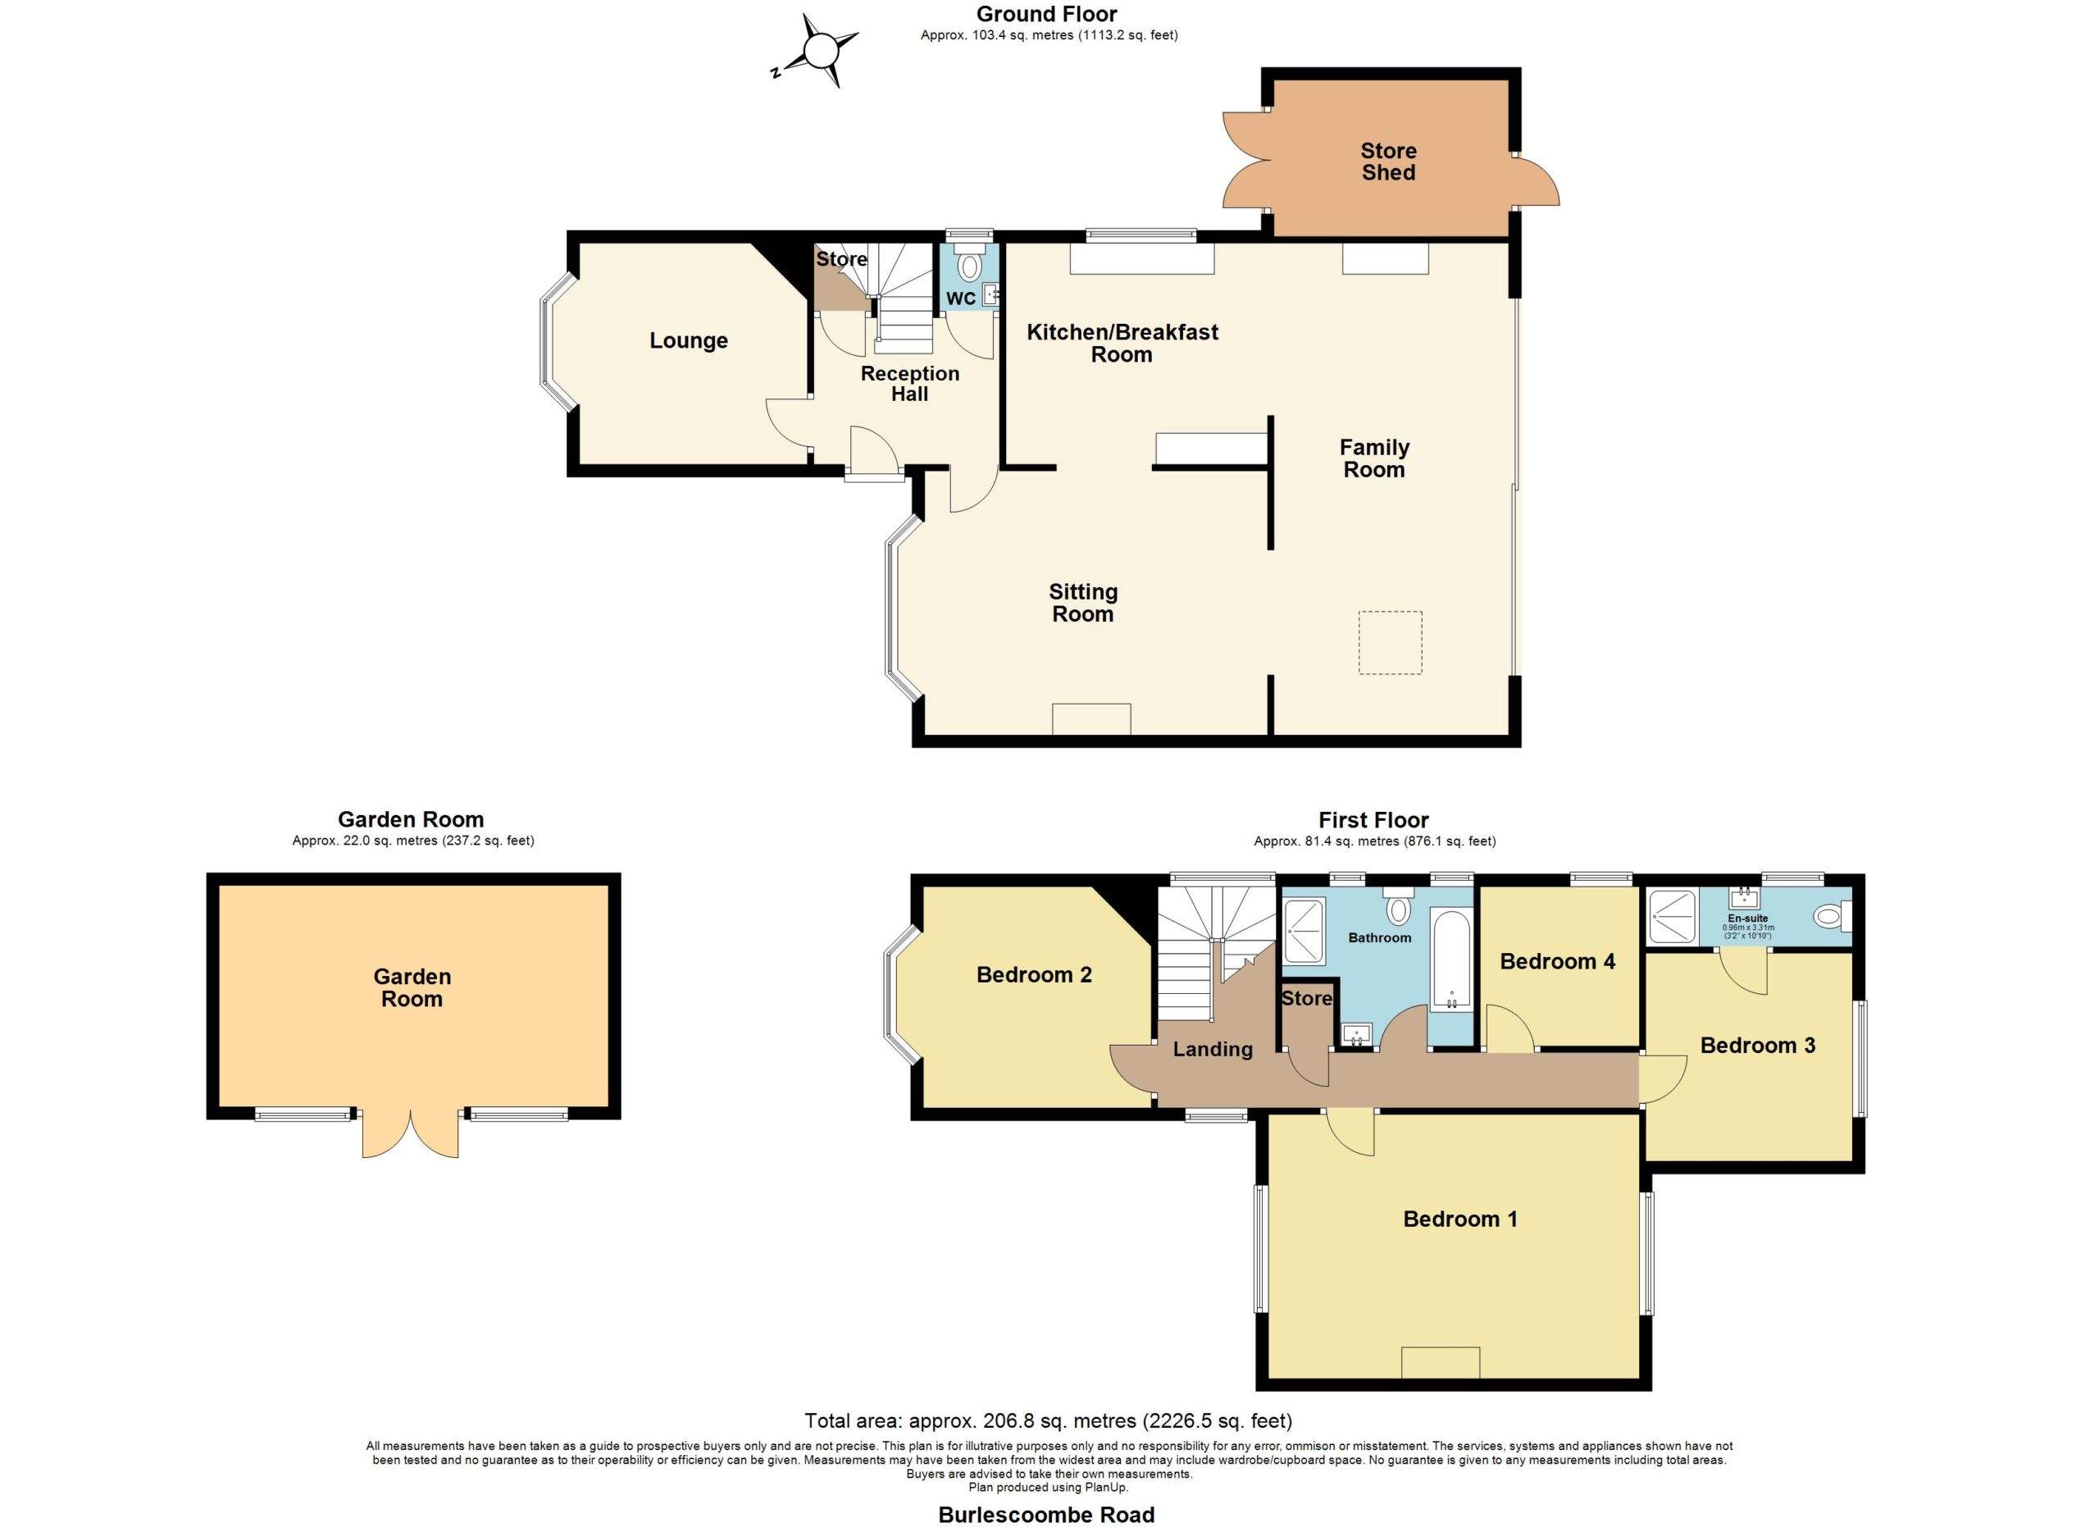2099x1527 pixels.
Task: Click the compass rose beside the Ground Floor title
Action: pyautogui.click(x=818, y=51)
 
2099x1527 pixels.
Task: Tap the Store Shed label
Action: pyautogui.click(x=1388, y=161)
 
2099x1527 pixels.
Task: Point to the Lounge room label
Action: pyautogui.click(x=689, y=340)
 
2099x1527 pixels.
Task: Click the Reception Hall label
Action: pyautogui.click(x=910, y=383)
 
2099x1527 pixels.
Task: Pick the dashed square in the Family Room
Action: pyautogui.click(x=1390, y=642)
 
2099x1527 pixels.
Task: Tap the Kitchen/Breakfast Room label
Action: pyautogui.click(x=1122, y=343)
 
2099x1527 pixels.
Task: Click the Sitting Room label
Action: pyautogui.click(x=1083, y=603)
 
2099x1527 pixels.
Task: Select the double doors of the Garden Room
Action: pyautogui.click(x=410, y=1132)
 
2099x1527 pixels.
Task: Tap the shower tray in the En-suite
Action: pyautogui.click(x=1673, y=916)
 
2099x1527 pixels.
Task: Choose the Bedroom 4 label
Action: pyautogui.click(x=1558, y=961)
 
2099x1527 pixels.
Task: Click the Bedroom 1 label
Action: pyautogui.click(x=1460, y=1219)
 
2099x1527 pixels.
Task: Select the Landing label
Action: pyautogui.click(x=1213, y=1050)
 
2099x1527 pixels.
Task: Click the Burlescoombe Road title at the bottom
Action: pyautogui.click(x=1047, y=1515)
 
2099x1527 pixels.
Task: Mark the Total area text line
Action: pyautogui.click(x=1049, y=1420)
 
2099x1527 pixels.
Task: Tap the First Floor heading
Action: pyautogui.click(x=1373, y=820)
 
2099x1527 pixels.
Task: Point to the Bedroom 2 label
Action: pyautogui.click(x=1034, y=974)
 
